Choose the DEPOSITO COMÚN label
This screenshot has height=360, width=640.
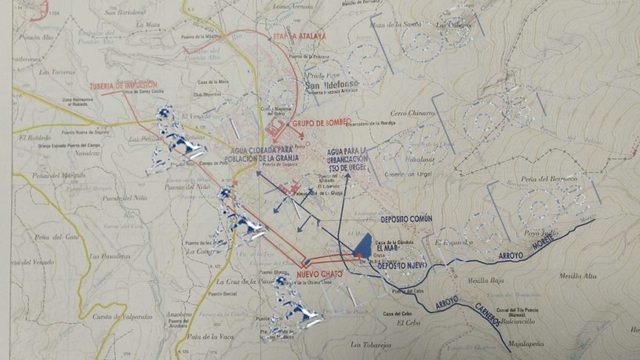tap(406, 219)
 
